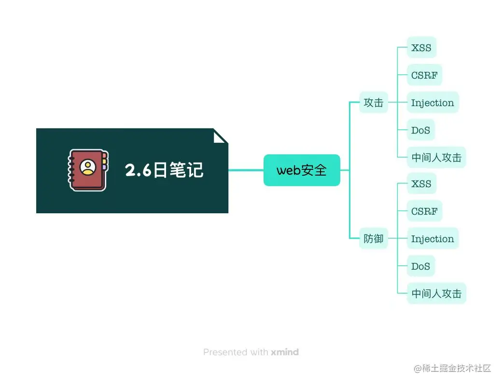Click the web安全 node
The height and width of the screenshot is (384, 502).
[302, 170]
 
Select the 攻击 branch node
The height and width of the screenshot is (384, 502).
[373, 102]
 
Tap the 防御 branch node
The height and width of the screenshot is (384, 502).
[373, 238]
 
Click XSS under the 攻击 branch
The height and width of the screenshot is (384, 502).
[421, 48]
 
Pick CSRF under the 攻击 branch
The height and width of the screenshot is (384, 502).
[424, 75]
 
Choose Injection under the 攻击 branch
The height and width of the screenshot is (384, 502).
[432, 103]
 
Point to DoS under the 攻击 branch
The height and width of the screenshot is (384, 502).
[420, 130]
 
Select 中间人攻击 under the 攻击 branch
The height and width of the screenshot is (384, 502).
[436, 158]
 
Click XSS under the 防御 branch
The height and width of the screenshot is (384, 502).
[421, 184]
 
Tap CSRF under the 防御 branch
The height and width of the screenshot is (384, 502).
[424, 211]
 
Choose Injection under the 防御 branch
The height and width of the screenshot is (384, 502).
[432, 239]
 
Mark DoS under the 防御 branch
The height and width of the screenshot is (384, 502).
[420, 266]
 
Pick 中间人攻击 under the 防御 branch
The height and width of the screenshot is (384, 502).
[436, 293]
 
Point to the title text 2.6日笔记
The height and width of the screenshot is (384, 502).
[164, 170]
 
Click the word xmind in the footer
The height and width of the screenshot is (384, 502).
[285, 352]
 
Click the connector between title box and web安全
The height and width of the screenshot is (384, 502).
[246, 170]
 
